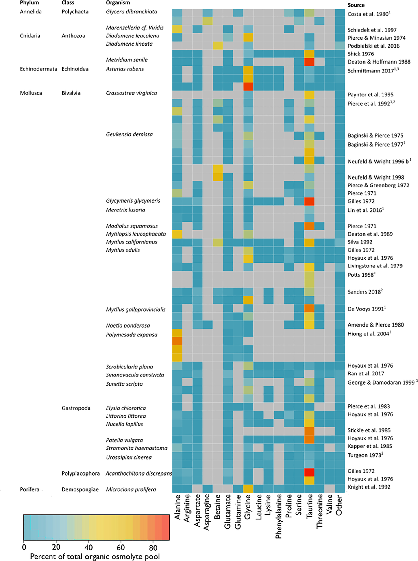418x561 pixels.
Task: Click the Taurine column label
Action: (309, 506)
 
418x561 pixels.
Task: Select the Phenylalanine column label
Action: (278, 516)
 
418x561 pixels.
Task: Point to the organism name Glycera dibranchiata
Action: (131, 12)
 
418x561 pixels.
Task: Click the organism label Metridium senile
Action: (126, 60)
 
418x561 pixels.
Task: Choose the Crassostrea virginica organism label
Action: (131, 93)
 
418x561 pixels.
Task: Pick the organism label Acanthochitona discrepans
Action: (139, 473)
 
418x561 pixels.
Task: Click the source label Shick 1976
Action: (361, 54)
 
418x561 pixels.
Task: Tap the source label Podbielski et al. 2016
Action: (373, 46)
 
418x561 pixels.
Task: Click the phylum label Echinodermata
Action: (39, 69)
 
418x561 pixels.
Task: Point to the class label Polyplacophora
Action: (81, 473)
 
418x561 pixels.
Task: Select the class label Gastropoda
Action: (76, 408)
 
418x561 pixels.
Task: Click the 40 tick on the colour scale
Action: (88, 548)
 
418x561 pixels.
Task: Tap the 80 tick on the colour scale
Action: (153, 548)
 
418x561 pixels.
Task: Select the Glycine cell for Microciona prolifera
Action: (248, 488)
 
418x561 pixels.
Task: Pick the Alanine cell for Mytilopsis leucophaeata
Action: (177, 234)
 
